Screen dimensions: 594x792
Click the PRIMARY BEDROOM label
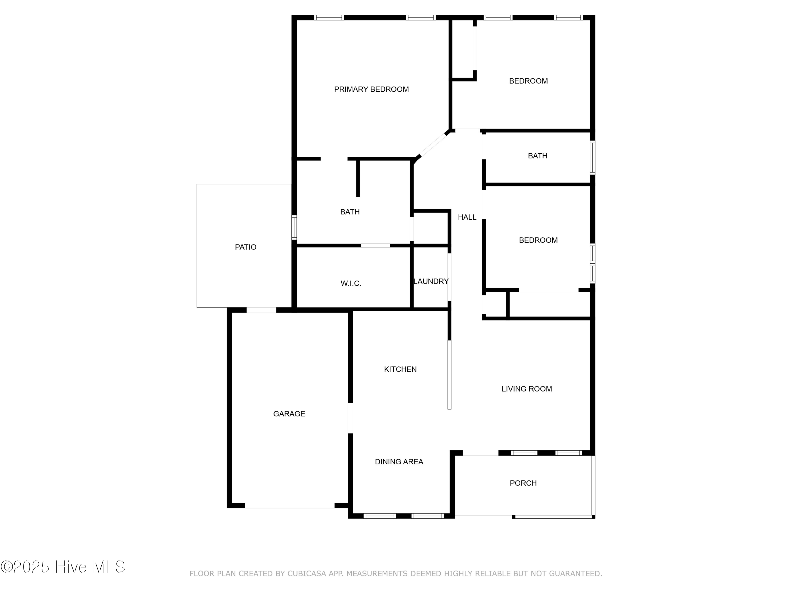click(x=371, y=89)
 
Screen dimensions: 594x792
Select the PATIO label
click(x=246, y=247)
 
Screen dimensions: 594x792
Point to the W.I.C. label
click(x=351, y=284)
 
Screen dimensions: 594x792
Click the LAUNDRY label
click(x=431, y=281)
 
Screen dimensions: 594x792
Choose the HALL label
click(x=467, y=217)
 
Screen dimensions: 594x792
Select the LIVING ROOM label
click(x=527, y=389)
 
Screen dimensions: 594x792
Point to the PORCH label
click(x=523, y=483)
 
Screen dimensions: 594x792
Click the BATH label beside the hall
click(x=538, y=156)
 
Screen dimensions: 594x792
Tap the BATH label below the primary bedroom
click(x=350, y=212)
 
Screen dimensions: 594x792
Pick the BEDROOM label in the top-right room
click(x=528, y=81)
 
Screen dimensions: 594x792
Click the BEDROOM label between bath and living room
click(x=538, y=240)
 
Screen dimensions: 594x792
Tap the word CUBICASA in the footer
click(x=307, y=574)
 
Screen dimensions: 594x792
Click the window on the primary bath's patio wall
click(x=294, y=227)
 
